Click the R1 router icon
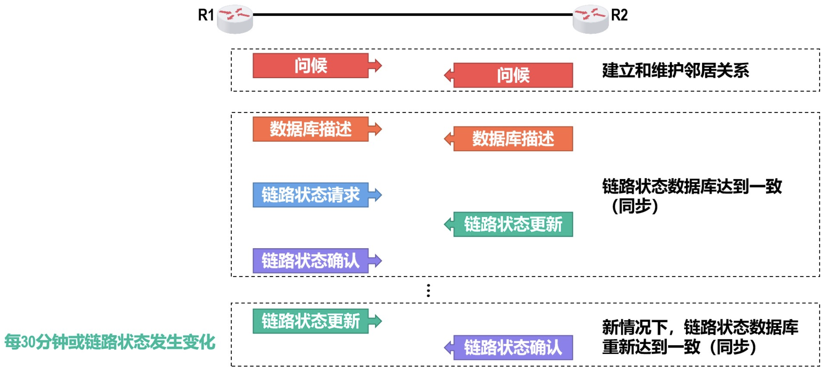tap(235, 19)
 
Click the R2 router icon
tap(590, 19)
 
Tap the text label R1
tap(206, 15)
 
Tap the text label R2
tap(619, 15)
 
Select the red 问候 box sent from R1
tap(310, 66)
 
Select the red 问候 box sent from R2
tap(513, 75)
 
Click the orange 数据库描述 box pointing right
tap(310, 129)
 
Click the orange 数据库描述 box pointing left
tap(513, 139)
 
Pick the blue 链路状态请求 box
tap(310, 195)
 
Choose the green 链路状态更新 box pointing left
tap(513, 224)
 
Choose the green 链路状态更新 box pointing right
tap(310, 321)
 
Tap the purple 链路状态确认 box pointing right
tap(310, 261)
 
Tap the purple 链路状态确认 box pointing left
tap(513, 348)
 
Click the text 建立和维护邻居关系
tap(676, 70)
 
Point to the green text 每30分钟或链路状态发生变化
tap(110, 341)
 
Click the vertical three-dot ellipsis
tap(428, 290)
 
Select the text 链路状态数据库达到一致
tap(692, 186)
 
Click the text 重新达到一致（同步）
tap(679, 347)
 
